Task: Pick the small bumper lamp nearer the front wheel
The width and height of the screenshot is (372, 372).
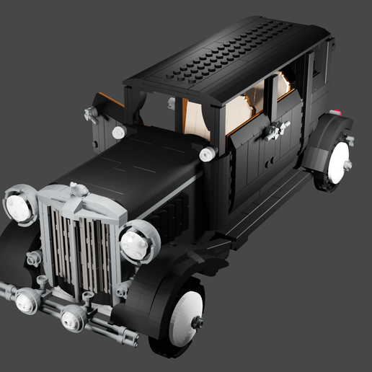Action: pos(74,317)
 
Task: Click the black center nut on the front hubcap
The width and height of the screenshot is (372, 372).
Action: pos(196,323)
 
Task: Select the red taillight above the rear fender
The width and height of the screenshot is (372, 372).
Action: pos(335,112)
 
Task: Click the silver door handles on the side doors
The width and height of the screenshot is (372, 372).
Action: pos(276,130)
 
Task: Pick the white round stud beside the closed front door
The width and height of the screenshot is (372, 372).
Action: pos(207,153)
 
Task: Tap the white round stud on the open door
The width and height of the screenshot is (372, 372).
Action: pos(118,132)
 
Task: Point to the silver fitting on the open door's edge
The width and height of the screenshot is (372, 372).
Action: pos(91,113)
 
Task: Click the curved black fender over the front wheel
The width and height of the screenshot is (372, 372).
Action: pos(155,288)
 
